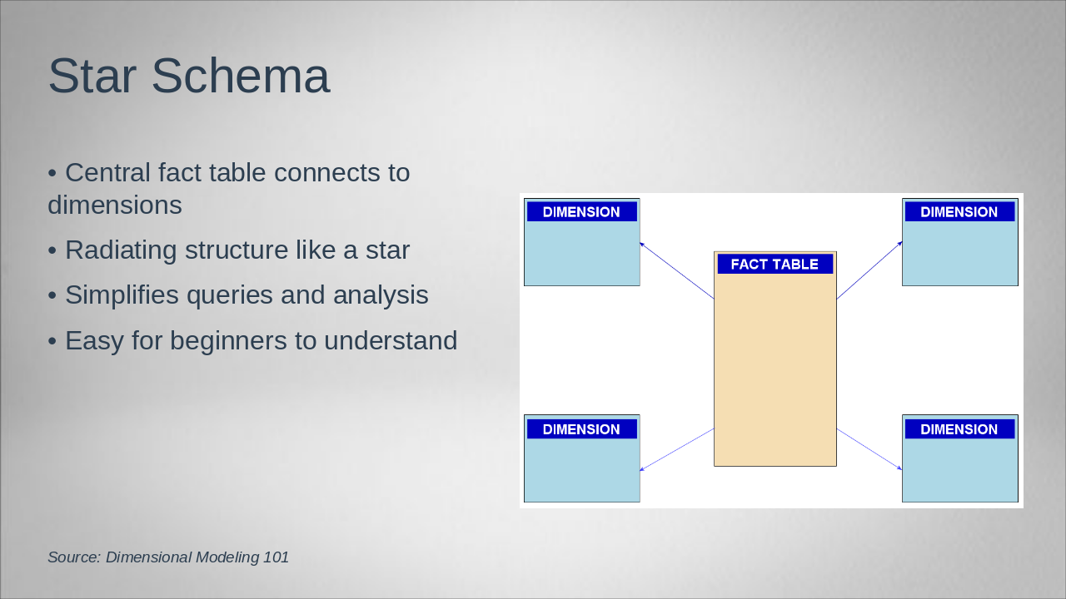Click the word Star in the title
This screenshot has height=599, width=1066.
pos(92,76)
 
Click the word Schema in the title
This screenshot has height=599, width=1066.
pos(241,76)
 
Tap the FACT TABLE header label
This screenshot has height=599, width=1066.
pos(775,265)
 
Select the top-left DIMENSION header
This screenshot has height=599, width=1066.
pos(581,212)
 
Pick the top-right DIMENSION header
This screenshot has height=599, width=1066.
pos(959,212)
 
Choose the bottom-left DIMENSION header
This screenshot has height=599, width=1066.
pos(581,429)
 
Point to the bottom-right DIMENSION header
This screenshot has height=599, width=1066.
pos(959,429)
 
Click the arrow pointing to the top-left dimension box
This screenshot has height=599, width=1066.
pos(677,270)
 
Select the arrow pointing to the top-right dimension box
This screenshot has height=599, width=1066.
pos(869,270)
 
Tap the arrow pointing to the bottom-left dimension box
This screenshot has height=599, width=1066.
pos(677,450)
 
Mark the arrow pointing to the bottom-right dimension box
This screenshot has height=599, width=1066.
pos(869,449)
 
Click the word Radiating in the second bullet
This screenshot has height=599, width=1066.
pos(121,250)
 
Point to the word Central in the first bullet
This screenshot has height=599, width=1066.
pos(108,172)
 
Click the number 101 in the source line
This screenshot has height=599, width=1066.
pos(276,557)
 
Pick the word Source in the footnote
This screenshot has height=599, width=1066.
pos(74,557)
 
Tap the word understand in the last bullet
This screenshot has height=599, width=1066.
pos(391,340)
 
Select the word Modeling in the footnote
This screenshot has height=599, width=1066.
pos(227,557)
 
